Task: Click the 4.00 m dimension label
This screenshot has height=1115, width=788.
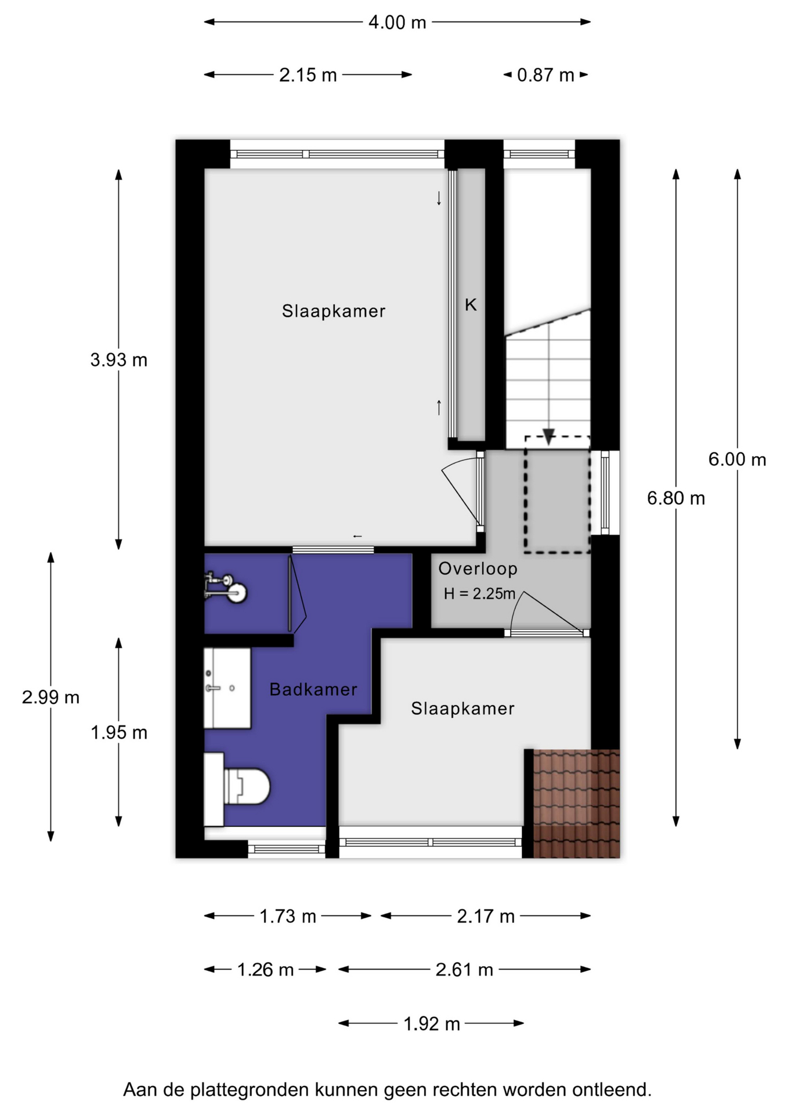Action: point(397,23)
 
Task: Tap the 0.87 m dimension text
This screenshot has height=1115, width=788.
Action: point(545,75)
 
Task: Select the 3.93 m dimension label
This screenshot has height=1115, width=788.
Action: point(119,360)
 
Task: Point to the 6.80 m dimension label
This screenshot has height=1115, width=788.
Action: point(676,498)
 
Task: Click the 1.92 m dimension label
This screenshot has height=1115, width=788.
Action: point(432,1023)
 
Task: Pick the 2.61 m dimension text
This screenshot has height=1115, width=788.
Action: point(464,969)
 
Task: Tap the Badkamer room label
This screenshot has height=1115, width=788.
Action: point(313,689)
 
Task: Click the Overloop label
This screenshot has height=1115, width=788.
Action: point(478,569)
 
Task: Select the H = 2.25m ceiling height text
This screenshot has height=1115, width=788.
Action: point(479,594)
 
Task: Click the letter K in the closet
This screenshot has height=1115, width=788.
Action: point(471,304)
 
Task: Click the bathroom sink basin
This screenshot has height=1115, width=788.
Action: point(227,688)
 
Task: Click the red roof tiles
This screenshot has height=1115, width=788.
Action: point(576,803)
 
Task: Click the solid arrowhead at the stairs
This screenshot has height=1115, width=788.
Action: point(548,437)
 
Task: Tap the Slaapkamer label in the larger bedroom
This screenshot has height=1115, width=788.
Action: point(334,311)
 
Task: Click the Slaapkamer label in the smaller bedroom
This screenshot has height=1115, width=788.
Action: point(462,708)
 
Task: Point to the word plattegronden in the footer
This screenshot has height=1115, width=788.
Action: point(251,1089)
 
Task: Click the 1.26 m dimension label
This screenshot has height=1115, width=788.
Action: point(265,969)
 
